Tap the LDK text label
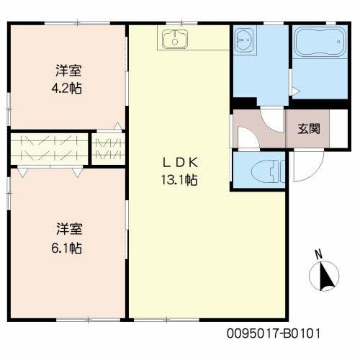click(x=179, y=162)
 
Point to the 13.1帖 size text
click(x=179, y=180)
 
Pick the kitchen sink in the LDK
click(x=175, y=41)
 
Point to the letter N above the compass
click(x=318, y=254)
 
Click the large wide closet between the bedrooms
click(x=49, y=149)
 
